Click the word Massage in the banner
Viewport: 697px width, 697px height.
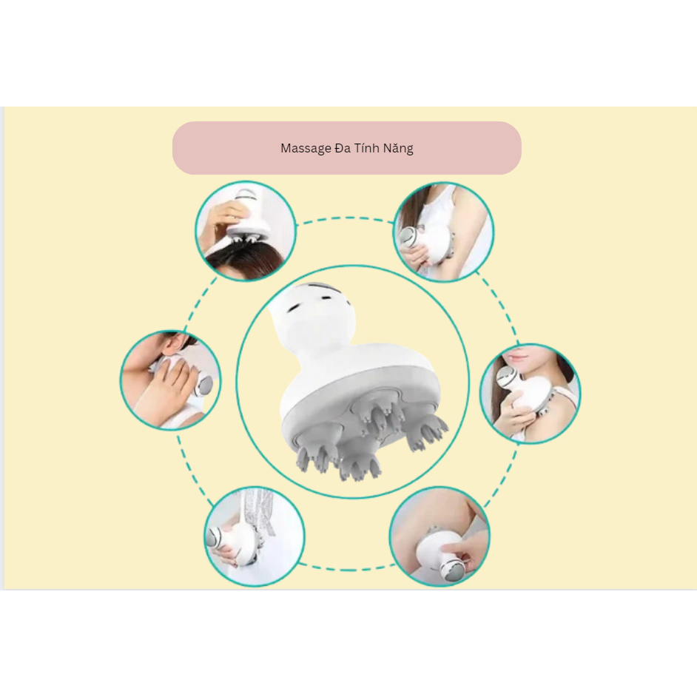(306, 148)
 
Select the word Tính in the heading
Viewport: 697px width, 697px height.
(369, 148)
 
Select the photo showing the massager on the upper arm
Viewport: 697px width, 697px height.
(443, 232)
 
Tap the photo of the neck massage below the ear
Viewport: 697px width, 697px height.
(170, 380)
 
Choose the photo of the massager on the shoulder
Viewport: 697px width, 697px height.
(530, 394)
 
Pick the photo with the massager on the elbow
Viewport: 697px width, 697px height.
(440, 536)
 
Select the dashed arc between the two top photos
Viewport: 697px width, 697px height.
(345, 218)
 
